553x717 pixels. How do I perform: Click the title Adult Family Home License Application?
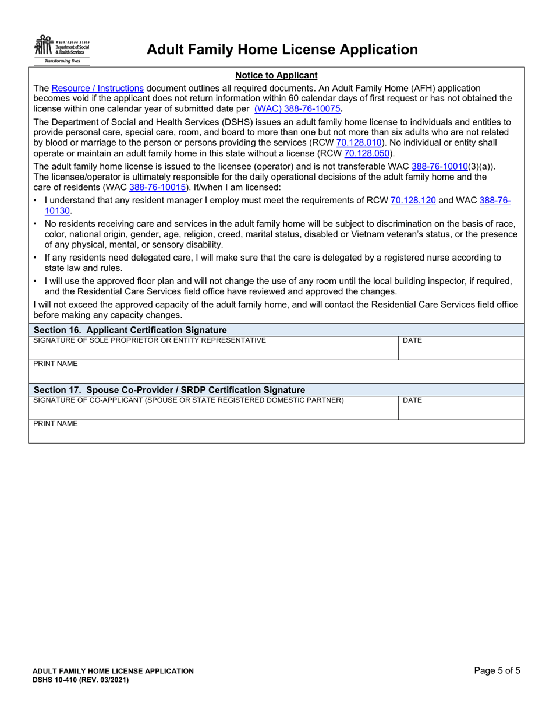282,50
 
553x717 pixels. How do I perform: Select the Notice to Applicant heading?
276,75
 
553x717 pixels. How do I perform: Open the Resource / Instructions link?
97,88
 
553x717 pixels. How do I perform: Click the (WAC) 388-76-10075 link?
297,108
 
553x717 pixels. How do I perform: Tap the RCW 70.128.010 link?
359,142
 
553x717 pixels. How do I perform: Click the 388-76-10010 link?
439,166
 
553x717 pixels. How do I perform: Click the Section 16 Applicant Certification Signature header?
130,330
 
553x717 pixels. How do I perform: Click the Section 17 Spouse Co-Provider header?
169,389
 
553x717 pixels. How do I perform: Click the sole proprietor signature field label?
150,340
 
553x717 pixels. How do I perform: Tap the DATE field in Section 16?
460,348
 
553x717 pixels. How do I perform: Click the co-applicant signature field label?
189,400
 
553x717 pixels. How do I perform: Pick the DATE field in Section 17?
460,407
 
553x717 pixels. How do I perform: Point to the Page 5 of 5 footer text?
497,670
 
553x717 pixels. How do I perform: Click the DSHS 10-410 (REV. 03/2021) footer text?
80,680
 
